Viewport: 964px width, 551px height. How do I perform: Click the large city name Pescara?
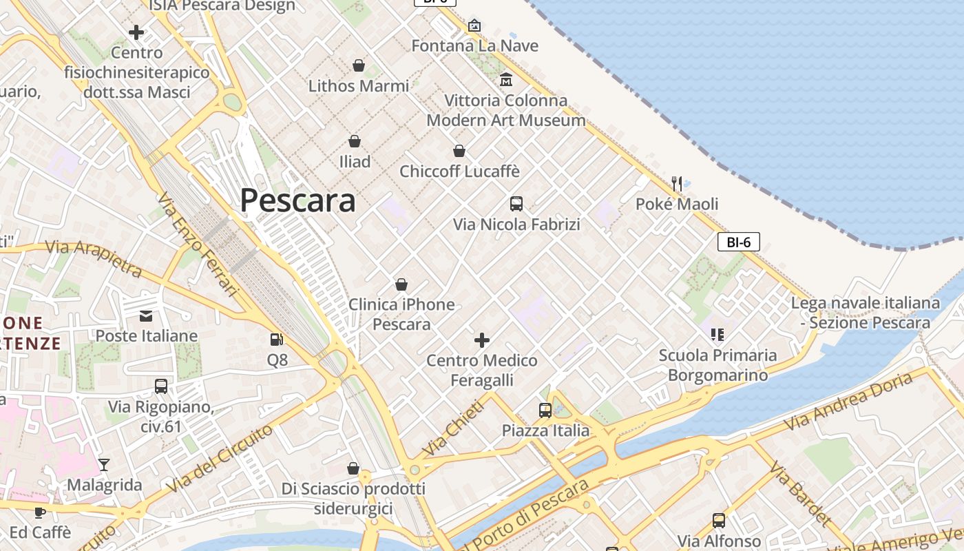[x=297, y=200]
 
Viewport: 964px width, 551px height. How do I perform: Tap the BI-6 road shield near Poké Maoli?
[x=738, y=242]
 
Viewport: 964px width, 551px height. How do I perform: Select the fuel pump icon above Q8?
[x=276, y=340]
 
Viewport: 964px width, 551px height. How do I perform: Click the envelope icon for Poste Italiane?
[x=146, y=316]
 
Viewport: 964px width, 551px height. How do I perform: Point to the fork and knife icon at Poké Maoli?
[x=677, y=183]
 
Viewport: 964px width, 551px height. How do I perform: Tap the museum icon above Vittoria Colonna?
[x=506, y=80]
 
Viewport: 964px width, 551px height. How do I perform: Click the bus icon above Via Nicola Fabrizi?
[x=516, y=204]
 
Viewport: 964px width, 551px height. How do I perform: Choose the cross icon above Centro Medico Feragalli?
[x=482, y=340]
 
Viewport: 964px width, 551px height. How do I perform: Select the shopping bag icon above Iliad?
[x=355, y=142]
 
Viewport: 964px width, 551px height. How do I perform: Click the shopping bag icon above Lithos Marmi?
[x=359, y=65]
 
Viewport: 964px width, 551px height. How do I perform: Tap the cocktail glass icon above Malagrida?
[x=104, y=465]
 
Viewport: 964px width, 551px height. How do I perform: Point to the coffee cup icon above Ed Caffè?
[x=40, y=512]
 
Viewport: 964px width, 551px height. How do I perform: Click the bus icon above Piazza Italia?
[x=545, y=410]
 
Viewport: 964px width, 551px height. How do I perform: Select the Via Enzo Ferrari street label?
[x=197, y=245]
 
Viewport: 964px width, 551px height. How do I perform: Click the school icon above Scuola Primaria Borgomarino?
[x=717, y=335]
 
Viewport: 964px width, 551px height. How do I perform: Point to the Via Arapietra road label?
[x=94, y=258]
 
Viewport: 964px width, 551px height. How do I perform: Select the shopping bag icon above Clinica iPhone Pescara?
[x=401, y=284]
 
